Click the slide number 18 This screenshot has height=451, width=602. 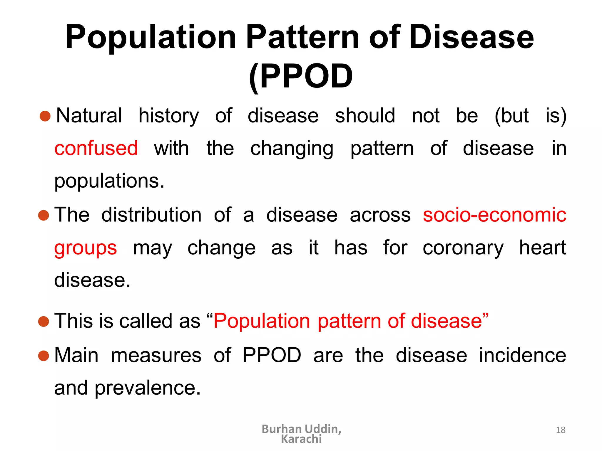561,430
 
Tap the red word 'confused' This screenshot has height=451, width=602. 96,148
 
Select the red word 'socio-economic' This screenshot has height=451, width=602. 494,215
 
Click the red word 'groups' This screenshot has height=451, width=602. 86,248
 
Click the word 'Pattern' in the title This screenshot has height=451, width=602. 302,37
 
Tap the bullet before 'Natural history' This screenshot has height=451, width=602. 45,116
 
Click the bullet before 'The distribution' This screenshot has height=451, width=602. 44,215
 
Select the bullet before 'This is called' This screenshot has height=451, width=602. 44,321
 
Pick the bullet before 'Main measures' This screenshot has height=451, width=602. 44,356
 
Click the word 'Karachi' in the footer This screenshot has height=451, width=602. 301,439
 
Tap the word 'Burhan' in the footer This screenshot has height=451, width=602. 281,429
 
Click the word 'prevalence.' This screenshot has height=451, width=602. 148,388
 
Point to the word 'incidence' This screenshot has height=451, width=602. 522,355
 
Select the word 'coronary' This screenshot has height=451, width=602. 463,248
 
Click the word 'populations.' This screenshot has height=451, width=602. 109,181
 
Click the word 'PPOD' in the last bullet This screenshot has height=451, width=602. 272,355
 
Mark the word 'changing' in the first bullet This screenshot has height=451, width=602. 292,149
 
